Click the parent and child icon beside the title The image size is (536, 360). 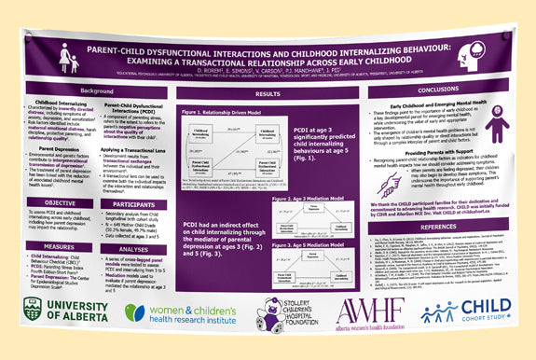coord(68,58)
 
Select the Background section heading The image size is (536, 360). coord(97,90)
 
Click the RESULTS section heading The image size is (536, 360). coord(268,94)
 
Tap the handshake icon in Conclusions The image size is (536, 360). coord(389,182)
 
